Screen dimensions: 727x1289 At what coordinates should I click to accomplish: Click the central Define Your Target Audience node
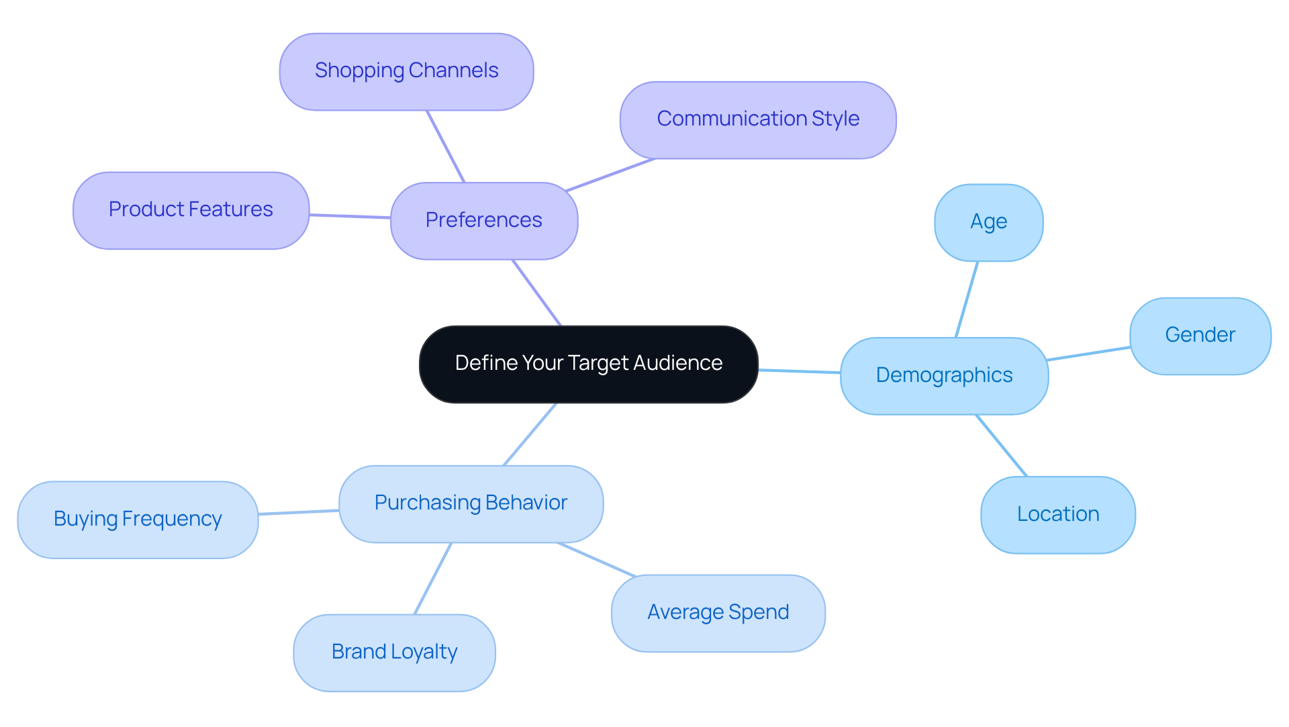tap(588, 364)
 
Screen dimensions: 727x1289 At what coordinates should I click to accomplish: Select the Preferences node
tap(483, 220)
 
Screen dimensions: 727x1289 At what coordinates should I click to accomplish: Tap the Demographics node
tap(944, 375)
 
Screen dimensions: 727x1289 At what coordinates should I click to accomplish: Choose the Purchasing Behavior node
tap(471, 503)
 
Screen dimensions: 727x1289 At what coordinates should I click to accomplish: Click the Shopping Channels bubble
tap(406, 71)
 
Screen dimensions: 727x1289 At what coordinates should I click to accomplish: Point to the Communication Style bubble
tap(757, 119)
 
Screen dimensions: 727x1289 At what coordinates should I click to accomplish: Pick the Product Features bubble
tap(191, 210)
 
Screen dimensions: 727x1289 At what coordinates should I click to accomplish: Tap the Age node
tap(988, 222)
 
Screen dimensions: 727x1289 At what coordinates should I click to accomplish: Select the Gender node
tap(1200, 336)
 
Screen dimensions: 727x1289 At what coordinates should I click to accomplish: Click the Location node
tap(1057, 515)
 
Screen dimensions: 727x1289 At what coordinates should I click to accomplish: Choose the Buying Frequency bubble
tap(138, 520)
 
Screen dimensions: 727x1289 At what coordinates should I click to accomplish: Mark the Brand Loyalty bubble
tap(394, 652)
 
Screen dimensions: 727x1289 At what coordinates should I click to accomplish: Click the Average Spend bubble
tap(718, 613)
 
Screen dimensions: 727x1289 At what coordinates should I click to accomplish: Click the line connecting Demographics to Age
tap(967, 299)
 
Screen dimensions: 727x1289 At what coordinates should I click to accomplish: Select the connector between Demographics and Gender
tap(1089, 354)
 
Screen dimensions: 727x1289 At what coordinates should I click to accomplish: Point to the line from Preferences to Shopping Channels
tap(446, 146)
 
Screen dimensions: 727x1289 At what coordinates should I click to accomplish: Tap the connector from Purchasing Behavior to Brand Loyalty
tap(433, 579)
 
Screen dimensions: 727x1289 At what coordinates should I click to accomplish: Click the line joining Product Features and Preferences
tap(350, 216)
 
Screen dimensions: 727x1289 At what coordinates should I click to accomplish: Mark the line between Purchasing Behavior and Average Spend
tap(596, 560)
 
